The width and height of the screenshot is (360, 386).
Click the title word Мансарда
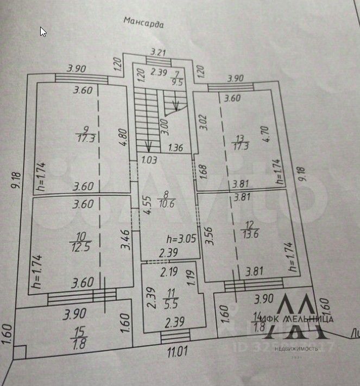click(143, 22)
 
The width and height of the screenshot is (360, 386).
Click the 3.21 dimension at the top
click(157, 53)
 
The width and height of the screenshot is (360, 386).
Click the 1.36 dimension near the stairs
click(175, 147)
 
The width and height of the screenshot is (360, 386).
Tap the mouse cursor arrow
click(43, 31)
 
